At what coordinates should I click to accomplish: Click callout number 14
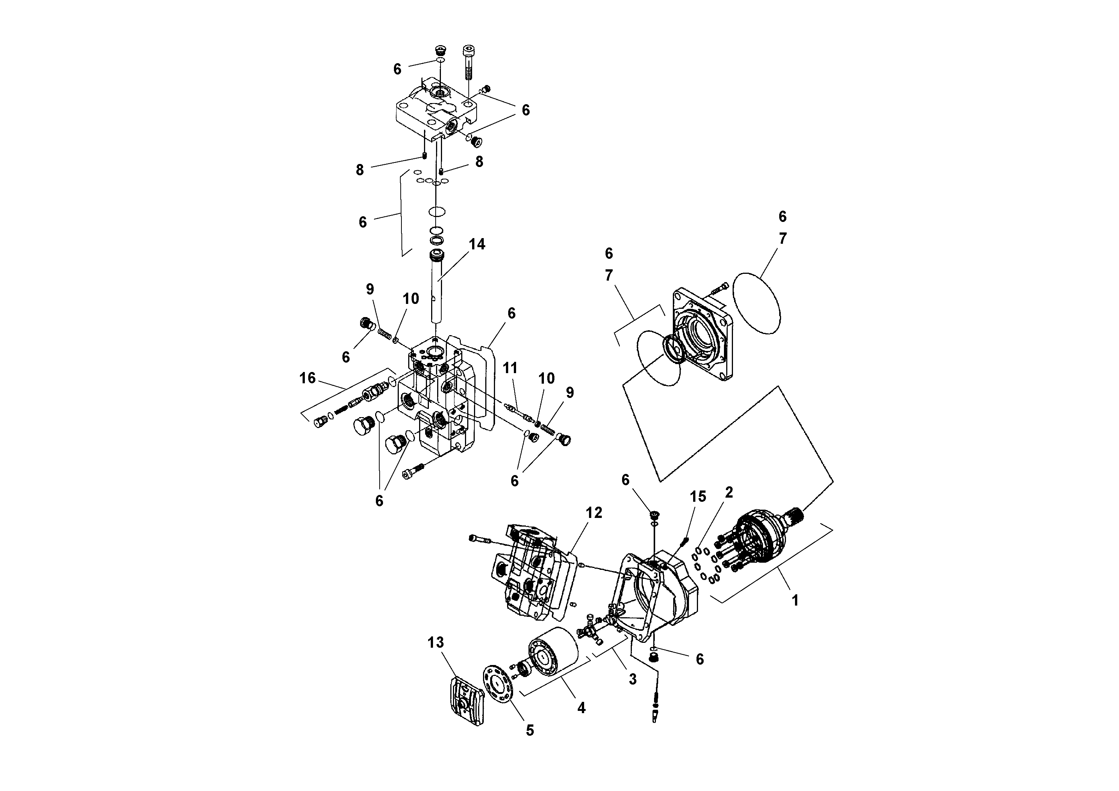tap(477, 244)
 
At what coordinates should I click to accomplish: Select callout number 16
tap(307, 378)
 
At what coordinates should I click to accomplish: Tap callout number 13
tap(436, 643)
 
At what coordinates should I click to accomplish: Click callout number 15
tap(698, 497)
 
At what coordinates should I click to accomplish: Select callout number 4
tap(581, 707)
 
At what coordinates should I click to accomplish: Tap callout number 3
tap(633, 679)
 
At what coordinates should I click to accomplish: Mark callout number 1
tap(795, 600)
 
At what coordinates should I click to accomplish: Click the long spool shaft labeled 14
tap(437, 293)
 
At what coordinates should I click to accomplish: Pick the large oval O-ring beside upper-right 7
tap(757, 303)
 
